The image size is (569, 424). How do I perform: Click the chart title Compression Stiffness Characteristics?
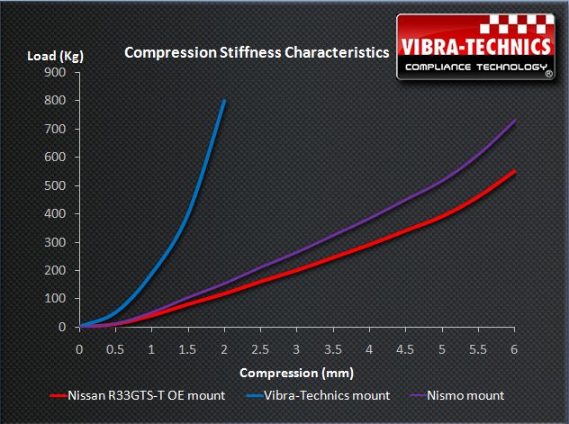coord(257,52)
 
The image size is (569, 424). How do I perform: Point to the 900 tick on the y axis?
coord(57,73)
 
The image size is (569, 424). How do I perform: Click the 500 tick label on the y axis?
coord(57,185)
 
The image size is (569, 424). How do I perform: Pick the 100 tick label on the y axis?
coord(57,299)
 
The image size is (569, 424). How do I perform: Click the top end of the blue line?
coord(224,100)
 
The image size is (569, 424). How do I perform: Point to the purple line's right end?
coord(515,120)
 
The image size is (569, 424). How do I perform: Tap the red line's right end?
coord(515,171)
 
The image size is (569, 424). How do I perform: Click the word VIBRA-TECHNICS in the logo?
coord(476,45)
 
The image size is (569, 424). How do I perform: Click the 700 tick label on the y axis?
coord(57,130)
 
